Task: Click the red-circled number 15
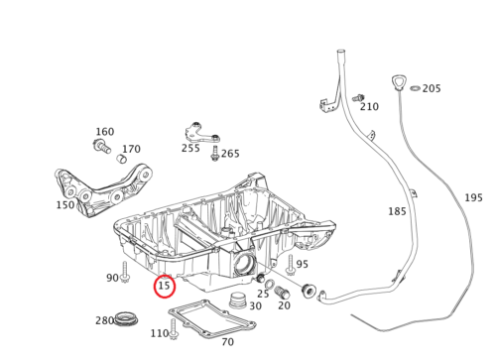coord(165,287)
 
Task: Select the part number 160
coord(105,132)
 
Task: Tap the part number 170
coord(131,150)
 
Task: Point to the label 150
coord(65,205)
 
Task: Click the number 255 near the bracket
coord(190,148)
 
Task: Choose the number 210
coord(369,107)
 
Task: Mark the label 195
coord(474,198)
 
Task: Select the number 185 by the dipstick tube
coord(397,211)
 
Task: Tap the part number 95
coord(302,264)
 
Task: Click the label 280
coord(104,321)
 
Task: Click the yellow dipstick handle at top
coord(400,81)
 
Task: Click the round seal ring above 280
coord(126,318)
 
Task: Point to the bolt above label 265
coord(215,154)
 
